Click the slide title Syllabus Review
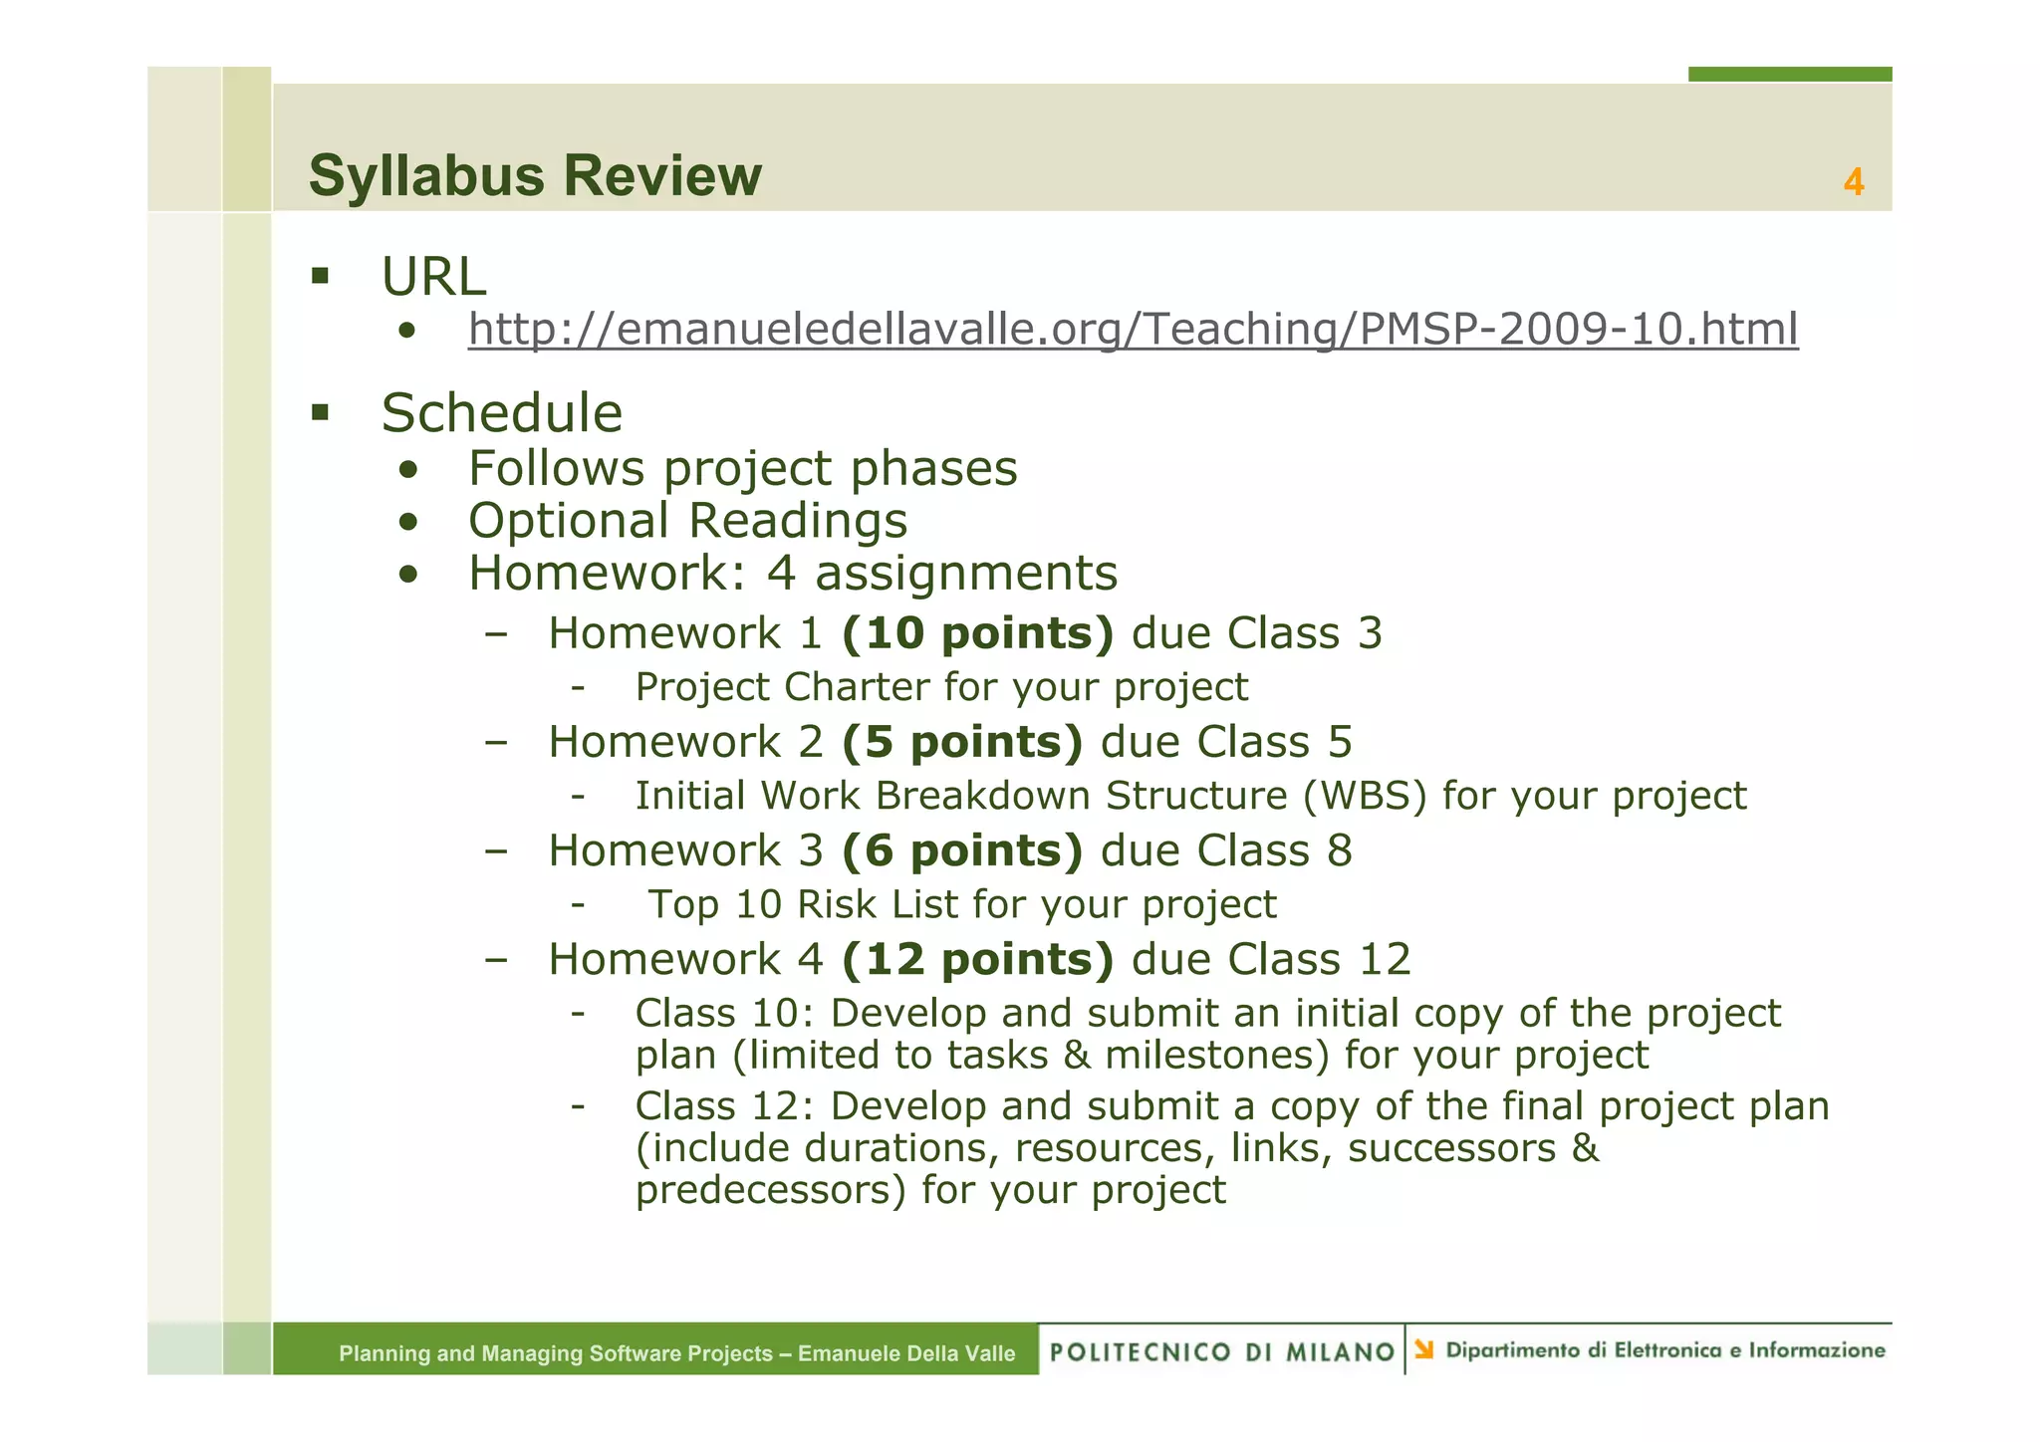coord(535,176)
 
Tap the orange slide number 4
coord(1853,182)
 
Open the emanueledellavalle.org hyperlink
coord(1133,329)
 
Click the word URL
coord(433,276)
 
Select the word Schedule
coord(501,412)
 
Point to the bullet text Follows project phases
coord(742,468)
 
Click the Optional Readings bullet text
coord(687,521)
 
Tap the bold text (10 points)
coord(977,633)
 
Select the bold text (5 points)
coord(961,742)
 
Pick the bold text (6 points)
coord(961,850)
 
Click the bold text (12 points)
coord(977,959)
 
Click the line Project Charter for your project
coord(941,687)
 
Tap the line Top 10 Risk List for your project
coord(961,904)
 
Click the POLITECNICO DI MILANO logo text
coord(1222,1351)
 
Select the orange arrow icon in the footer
coord(1424,1349)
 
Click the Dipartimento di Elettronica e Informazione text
coord(1664,1350)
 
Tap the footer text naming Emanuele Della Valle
coord(905,1353)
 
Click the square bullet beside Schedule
coord(320,412)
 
